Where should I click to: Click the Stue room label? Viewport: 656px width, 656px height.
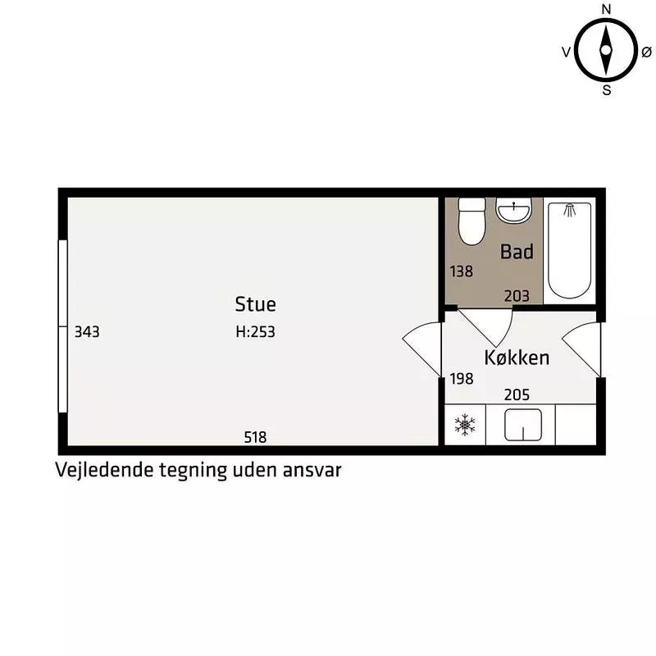tap(255, 304)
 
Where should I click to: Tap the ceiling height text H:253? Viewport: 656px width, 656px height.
tap(255, 332)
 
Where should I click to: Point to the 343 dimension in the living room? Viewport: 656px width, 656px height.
tap(87, 332)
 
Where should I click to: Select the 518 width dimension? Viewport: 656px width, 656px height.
tap(255, 437)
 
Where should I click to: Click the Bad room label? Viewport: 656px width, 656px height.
tap(517, 252)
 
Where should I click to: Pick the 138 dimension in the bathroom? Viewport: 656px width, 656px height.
tap(462, 271)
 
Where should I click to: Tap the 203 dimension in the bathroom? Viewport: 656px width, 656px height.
tap(517, 296)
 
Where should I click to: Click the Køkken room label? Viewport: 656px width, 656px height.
tap(517, 358)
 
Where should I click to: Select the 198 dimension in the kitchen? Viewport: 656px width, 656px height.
tap(462, 379)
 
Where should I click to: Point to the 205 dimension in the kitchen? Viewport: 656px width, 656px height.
tap(517, 394)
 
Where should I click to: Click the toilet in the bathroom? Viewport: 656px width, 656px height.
tap(471, 221)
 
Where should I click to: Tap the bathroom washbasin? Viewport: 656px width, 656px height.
tap(513, 210)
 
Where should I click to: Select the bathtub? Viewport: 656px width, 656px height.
tap(569, 251)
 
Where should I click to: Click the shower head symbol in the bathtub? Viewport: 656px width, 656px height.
tap(569, 210)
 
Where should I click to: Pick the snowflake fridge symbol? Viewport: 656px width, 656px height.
tap(464, 425)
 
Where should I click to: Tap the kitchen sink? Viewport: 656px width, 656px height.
tap(523, 425)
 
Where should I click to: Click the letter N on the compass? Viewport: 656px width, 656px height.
tap(606, 9)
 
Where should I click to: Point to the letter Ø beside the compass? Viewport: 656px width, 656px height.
tap(646, 52)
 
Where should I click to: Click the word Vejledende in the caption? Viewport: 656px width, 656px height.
tap(104, 470)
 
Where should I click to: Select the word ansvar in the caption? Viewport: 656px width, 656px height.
tap(312, 470)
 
